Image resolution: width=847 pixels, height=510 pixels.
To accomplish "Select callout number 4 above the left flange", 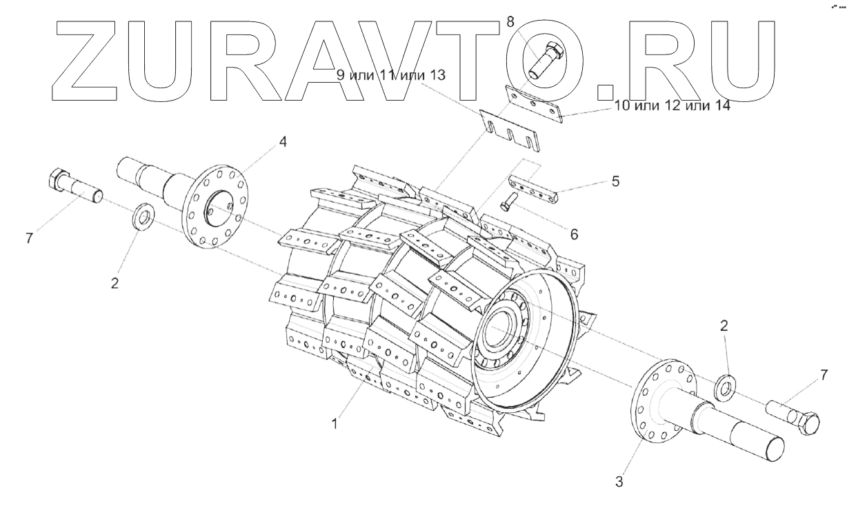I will point(283,142).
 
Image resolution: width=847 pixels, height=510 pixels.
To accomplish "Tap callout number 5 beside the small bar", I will point(615,181).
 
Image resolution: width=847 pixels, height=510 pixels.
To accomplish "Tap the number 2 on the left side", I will point(115,283).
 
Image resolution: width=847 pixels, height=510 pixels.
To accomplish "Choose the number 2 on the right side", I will point(724,325).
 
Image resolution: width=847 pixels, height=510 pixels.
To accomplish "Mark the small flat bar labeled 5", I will point(535,188).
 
